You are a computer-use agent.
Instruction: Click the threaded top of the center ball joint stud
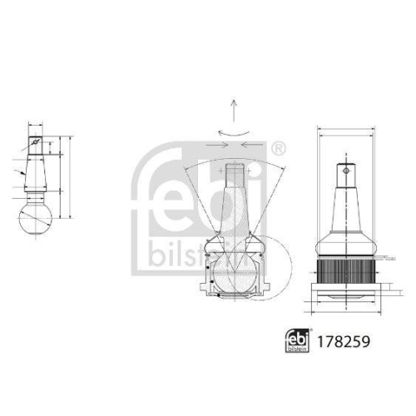pyautogui.click(x=236, y=175)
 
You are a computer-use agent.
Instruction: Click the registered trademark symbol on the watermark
pyautogui.click(x=277, y=149)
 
